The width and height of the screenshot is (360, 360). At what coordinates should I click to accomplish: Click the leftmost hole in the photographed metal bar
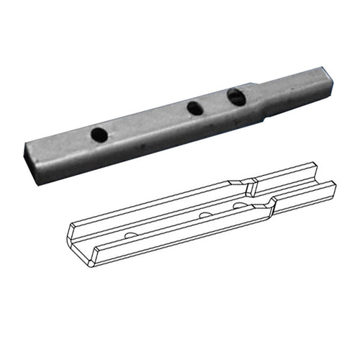click(x=99, y=133)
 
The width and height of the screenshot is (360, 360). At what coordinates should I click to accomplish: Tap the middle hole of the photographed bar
click(x=194, y=108)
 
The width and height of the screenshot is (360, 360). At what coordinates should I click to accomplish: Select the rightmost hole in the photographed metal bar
click(x=235, y=95)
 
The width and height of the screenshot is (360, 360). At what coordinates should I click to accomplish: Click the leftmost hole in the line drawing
click(x=130, y=235)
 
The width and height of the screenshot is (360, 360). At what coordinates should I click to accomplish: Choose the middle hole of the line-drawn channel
click(x=205, y=215)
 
